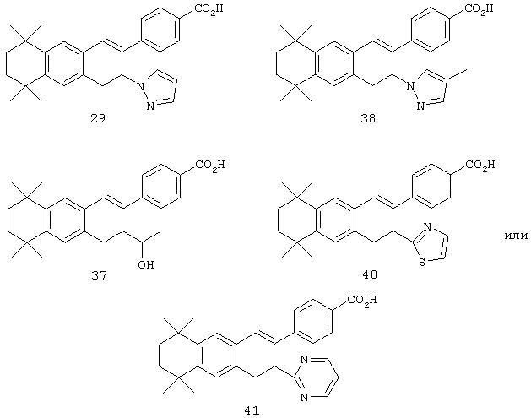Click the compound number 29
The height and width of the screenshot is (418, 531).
(x=98, y=118)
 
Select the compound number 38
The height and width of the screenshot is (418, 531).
(x=368, y=118)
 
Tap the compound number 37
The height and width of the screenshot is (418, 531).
(x=99, y=275)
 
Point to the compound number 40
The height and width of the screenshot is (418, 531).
(x=370, y=274)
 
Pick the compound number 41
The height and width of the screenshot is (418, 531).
(x=252, y=410)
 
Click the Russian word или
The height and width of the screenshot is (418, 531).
(x=516, y=236)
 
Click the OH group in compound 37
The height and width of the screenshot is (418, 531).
(x=146, y=264)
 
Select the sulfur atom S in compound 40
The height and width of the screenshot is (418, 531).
(x=422, y=262)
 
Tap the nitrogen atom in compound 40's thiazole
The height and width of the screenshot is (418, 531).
(x=427, y=226)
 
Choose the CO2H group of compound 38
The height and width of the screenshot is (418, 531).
(x=479, y=8)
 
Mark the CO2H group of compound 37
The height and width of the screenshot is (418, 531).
(x=210, y=165)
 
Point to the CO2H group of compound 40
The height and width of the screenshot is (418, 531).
(x=480, y=165)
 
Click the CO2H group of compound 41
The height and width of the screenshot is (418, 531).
(x=362, y=300)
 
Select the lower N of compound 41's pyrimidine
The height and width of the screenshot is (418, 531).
(x=304, y=397)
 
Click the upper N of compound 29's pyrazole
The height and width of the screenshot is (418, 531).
(x=140, y=87)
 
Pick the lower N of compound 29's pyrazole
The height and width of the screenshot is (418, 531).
(x=150, y=106)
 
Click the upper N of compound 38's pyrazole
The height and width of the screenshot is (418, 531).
(x=410, y=85)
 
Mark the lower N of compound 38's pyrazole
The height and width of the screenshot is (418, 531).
(x=420, y=106)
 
